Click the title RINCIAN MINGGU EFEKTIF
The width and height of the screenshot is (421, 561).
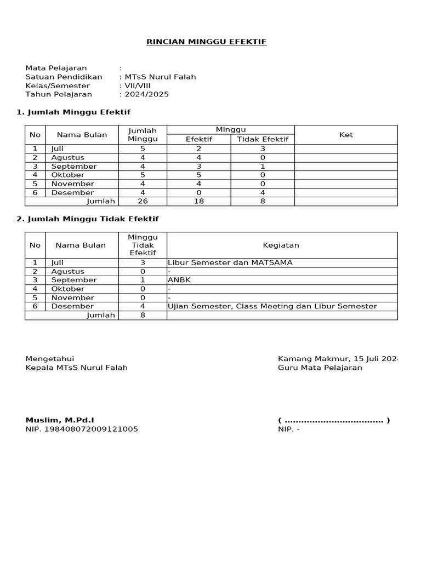pyautogui.click(x=206, y=42)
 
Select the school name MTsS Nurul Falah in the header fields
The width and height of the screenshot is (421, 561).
pyautogui.click(x=160, y=77)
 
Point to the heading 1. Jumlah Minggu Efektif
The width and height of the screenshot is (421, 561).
pyautogui.click(x=73, y=112)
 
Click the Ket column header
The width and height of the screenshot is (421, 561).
pyautogui.click(x=346, y=135)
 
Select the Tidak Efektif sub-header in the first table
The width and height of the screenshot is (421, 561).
pyautogui.click(x=263, y=139)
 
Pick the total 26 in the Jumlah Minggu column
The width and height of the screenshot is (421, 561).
pyautogui.click(x=143, y=202)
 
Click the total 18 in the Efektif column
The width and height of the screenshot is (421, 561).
pyautogui.click(x=198, y=202)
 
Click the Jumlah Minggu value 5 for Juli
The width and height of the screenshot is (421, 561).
pyautogui.click(x=143, y=148)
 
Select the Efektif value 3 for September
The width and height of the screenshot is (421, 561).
pyautogui.click(x=198, y=167)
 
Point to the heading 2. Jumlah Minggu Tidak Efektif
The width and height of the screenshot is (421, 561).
pyautogui.click(x=87, y=219)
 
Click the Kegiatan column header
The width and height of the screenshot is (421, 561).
pyautogui.click(x=281, y=245)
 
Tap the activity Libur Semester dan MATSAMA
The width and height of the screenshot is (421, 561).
pyautogui.click(x=230, y=262)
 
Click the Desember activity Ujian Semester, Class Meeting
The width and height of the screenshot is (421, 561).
pyautogui.click(x=272, y=306)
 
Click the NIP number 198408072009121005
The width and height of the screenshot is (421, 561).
pyautogui.click(x=82, y=429)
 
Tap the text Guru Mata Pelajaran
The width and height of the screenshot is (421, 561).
pyautogui.click(x=320, y=368)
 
